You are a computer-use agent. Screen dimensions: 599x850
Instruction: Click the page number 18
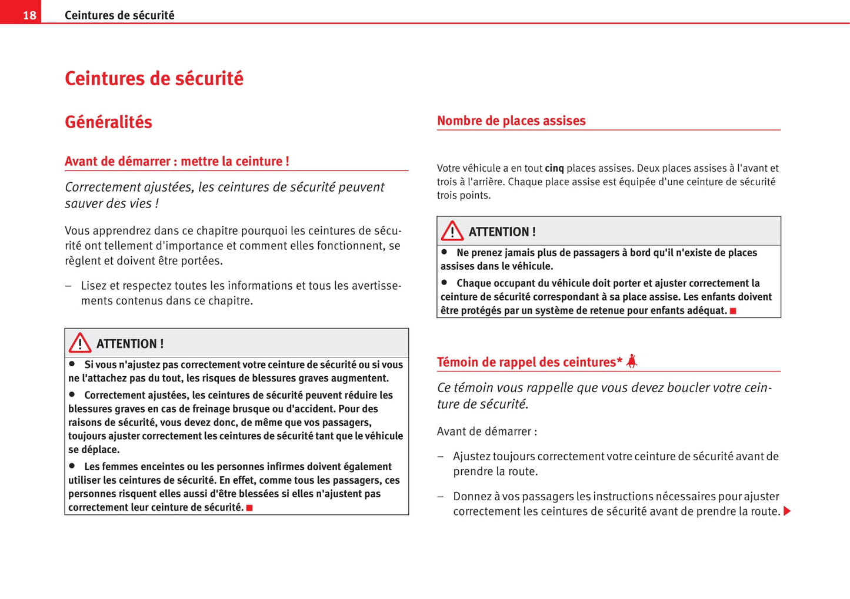click(29, 15)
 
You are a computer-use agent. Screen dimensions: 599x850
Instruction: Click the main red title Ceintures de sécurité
click(154, 78)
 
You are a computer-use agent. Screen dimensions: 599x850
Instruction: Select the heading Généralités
click(108, 122)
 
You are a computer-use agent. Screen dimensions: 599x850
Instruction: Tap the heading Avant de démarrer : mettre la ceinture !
click(176, 161)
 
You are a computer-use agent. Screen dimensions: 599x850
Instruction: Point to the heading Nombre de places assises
click(511, 121)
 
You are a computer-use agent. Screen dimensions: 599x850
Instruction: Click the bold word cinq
click(554, 168)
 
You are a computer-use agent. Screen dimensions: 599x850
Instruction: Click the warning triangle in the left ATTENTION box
click(80, 343)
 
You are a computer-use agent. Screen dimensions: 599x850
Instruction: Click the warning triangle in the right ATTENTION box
click(452, 231)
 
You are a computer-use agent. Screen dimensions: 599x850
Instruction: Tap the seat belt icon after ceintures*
click(632, 361)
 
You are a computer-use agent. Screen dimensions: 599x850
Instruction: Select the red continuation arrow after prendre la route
click(787, 511)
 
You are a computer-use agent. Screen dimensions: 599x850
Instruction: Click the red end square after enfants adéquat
click(733, 311)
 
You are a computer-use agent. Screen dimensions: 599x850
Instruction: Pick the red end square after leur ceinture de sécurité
click(249, 508)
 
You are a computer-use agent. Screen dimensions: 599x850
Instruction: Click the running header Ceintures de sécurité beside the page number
click(119, 15)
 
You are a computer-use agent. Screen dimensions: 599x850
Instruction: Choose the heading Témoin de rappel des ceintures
click(529, 362)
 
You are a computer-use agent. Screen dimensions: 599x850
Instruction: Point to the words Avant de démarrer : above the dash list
click(486, 431)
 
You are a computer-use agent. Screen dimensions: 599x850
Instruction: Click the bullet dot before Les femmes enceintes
click(72, 466)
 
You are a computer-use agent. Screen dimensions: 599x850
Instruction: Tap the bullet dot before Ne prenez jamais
click(445, 252)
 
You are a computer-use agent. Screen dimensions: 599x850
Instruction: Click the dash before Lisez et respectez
click(68, 286)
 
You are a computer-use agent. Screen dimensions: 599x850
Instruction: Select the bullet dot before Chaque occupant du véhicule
click(445, 282)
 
